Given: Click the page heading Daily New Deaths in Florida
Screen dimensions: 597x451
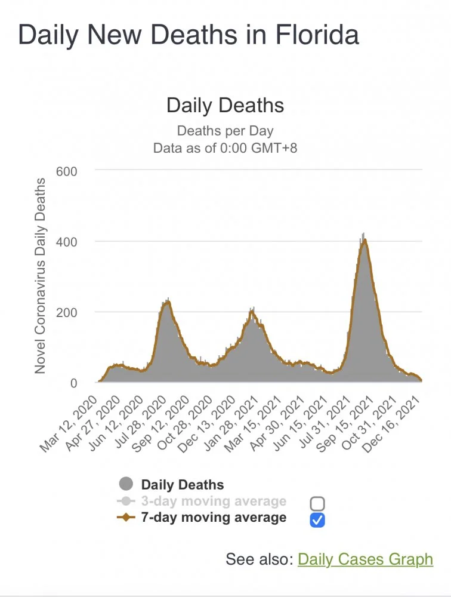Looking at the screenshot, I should [189, 35].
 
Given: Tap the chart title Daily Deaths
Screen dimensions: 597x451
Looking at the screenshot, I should [225, 106].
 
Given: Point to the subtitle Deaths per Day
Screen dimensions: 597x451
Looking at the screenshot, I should [225, 131].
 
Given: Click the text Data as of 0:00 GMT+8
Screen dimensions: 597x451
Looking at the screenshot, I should [225, 147].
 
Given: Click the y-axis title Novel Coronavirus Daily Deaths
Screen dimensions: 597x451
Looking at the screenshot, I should [40, 276].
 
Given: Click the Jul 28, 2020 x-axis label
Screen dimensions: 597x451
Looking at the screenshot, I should [149, 418].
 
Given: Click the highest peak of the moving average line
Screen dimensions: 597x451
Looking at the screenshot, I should [364, 240].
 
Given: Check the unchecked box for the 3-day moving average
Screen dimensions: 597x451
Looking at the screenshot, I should [317, 503].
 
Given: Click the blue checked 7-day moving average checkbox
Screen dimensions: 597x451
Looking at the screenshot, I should [317, 520].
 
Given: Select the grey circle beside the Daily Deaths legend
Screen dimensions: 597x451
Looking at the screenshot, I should [126, 485].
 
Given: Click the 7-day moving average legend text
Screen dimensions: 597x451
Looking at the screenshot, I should [214, 518].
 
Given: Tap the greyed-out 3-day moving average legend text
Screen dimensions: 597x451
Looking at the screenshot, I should [214, 501].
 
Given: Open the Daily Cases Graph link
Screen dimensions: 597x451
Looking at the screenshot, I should [365, 559].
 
